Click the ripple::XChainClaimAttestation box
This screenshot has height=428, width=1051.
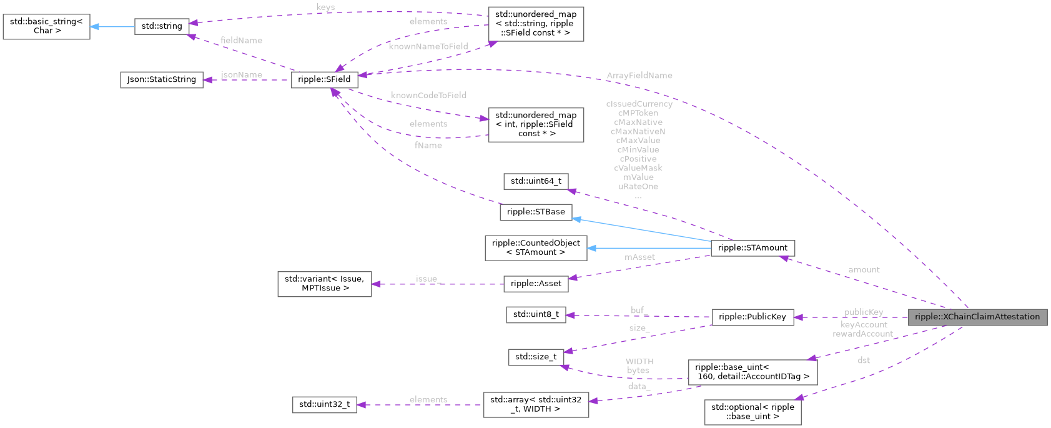pos(977,317)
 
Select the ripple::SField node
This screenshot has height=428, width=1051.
pos(324,80)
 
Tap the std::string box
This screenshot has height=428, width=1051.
pos(162,26)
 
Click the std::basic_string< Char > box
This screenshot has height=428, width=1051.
pos(46,26)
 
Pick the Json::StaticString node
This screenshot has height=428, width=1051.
pos(161,79)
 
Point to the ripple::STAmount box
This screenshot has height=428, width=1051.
pos(752,248)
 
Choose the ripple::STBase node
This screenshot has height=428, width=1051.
pos(535,212)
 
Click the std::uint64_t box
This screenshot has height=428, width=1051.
pos(535,181)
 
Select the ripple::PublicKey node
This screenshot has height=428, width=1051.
pos(752,317)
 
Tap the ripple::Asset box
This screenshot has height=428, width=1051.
pos(535,284)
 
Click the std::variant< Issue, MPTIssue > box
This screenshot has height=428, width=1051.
pos(324,284)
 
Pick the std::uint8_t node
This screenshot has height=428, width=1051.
pos(535,314)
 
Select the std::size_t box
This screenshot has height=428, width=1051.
pos(535,357)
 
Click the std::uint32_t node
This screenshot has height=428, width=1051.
pos(324,404)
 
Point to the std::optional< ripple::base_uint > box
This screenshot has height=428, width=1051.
pos(752,412)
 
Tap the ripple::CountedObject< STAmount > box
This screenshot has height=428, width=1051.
pos(535,248)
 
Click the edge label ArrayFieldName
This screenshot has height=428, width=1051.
pos(639,76)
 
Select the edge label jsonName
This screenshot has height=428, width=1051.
pos(241,75)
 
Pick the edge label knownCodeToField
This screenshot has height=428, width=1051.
pos(428,96)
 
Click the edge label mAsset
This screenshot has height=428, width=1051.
pos(639,257)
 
